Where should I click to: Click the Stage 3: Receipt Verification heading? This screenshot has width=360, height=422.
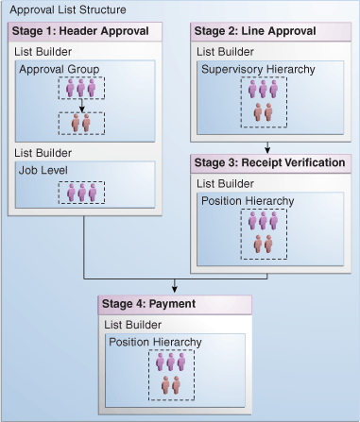[x=268, y=162]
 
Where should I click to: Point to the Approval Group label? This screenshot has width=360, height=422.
[x=58, y=69]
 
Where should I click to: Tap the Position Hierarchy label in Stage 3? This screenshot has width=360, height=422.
[x=248, y=200]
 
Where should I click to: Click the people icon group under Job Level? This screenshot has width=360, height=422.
[x=80, y=191]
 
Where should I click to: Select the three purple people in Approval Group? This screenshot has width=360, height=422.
[x=80, y=88]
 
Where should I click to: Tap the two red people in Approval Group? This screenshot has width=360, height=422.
[x=80, y=124]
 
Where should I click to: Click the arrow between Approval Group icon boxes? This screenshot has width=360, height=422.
[x=80, y=108]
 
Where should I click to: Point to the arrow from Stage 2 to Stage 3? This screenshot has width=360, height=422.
[x=268, y=146]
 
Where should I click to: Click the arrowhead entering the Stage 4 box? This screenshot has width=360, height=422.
[x=175, y=290]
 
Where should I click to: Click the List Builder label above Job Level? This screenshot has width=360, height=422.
[x=41, y=152]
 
